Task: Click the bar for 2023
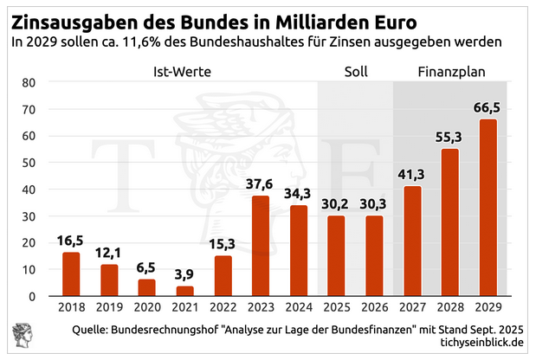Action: (x=261, y=246)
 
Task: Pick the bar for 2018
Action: (x=71, y=273)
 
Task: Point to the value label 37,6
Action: (x=261, y=183)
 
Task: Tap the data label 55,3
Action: (x=450, y=137)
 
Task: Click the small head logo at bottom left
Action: (x=21, y=336)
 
